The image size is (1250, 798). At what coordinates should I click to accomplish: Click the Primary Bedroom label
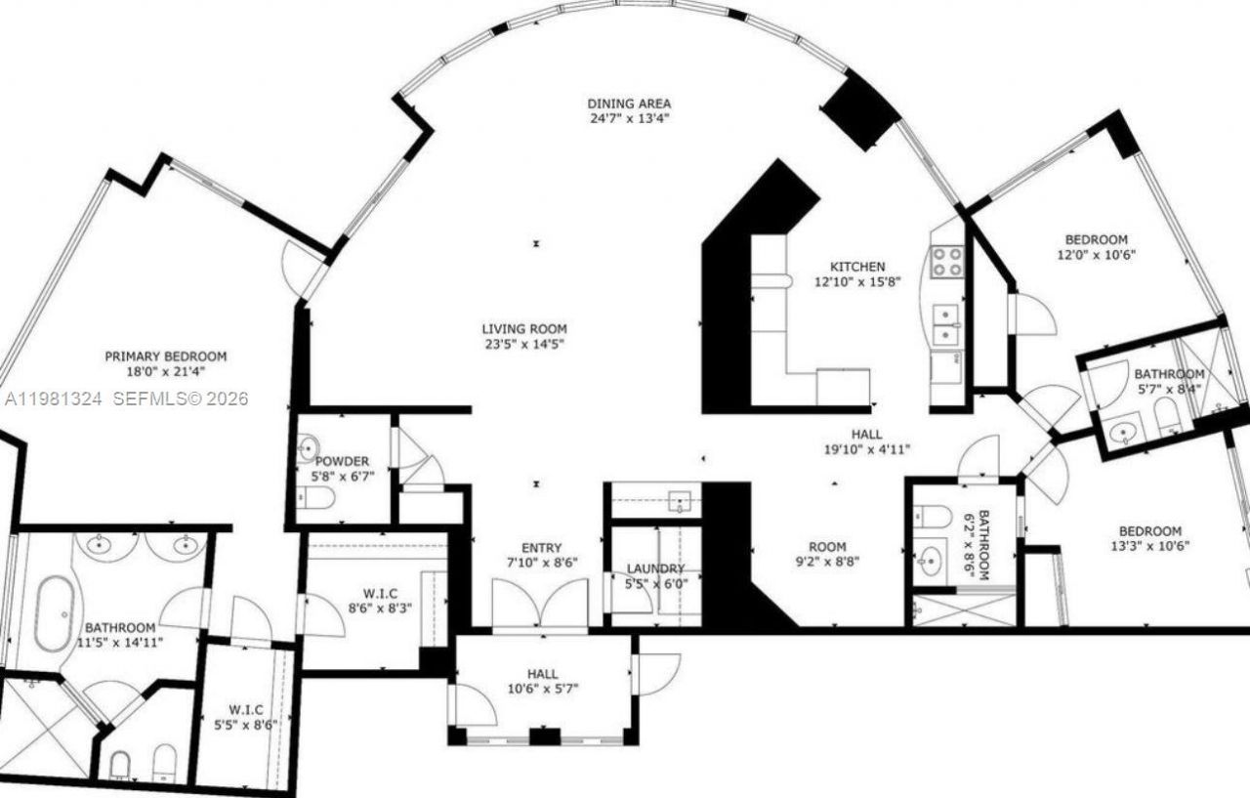[165, 357]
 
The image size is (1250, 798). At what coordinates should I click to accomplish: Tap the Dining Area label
[628, 104]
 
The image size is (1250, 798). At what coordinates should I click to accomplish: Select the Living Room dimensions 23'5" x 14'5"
[523, 344]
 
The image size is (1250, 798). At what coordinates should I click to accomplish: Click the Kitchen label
[856, 267]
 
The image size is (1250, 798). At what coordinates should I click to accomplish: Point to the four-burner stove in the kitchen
[945, 261]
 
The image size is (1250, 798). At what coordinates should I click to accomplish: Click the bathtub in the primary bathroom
[54, 612]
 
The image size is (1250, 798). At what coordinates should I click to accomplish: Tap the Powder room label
[342, 461]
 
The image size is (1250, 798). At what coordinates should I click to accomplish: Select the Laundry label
[655, 568]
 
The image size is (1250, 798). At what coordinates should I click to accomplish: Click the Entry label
[541, 548]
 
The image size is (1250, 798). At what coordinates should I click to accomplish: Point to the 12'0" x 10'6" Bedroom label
[1096, 239]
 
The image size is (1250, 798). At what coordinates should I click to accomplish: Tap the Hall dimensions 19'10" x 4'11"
[865, 449]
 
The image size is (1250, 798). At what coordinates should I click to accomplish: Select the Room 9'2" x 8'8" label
[827, 547]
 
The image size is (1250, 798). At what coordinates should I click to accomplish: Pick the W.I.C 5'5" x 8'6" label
[244, 709]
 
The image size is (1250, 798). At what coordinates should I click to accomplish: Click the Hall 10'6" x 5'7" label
[542, 674]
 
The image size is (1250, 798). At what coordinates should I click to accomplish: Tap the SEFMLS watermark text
[182, 399]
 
